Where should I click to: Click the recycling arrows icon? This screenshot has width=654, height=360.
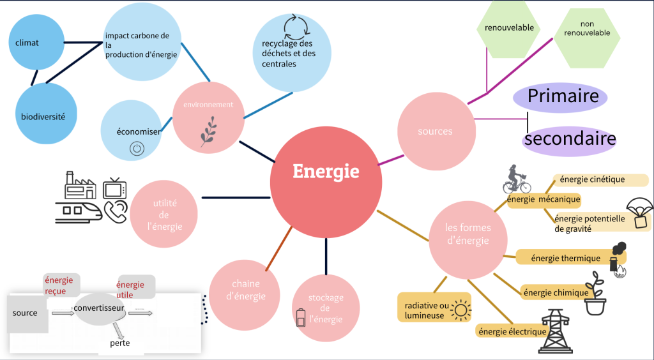pos(295,27)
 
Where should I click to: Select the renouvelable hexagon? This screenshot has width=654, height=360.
pos(510,28)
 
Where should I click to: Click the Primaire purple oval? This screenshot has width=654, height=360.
pos(560,97)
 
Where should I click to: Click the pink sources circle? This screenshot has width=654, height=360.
pos(436,131)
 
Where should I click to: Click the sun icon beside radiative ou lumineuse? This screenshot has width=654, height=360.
pos(460,311)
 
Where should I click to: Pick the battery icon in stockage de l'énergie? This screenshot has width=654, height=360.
pos(301,317)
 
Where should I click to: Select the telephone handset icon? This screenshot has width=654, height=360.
pos(116,211)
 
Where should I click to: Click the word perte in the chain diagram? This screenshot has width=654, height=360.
pos(120,343)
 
